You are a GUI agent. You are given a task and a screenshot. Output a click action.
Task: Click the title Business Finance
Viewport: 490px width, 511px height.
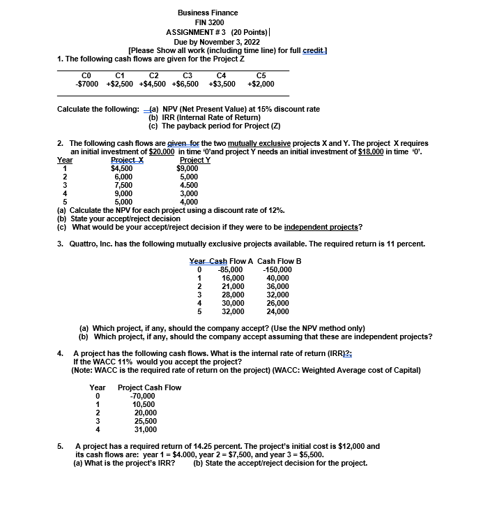tap(207, 13)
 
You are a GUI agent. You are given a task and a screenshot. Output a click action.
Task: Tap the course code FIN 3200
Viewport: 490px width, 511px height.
tap(208, 22)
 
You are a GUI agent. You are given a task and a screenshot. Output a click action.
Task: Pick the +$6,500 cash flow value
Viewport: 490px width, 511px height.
tap(185, 84)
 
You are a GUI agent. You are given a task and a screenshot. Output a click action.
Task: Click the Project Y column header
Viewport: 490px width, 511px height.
tap(192, 160)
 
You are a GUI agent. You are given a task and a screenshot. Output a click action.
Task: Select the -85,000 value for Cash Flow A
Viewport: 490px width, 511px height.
tap(230, 270)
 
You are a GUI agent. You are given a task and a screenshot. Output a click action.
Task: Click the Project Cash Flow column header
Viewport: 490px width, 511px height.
tap(150, 387)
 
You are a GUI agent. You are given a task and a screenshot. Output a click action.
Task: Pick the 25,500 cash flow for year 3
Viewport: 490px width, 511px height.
tap(145, 421)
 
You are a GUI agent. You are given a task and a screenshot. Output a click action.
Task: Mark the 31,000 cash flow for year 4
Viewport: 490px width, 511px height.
tap(145, 429)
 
